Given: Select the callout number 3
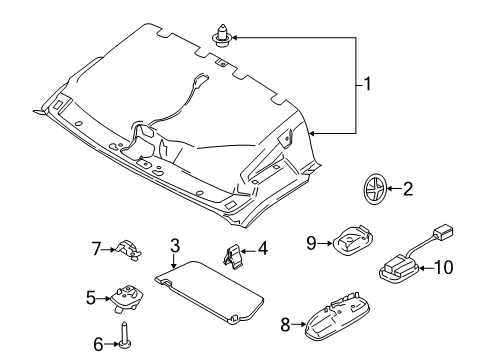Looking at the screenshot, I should click(x=174, y=245).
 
